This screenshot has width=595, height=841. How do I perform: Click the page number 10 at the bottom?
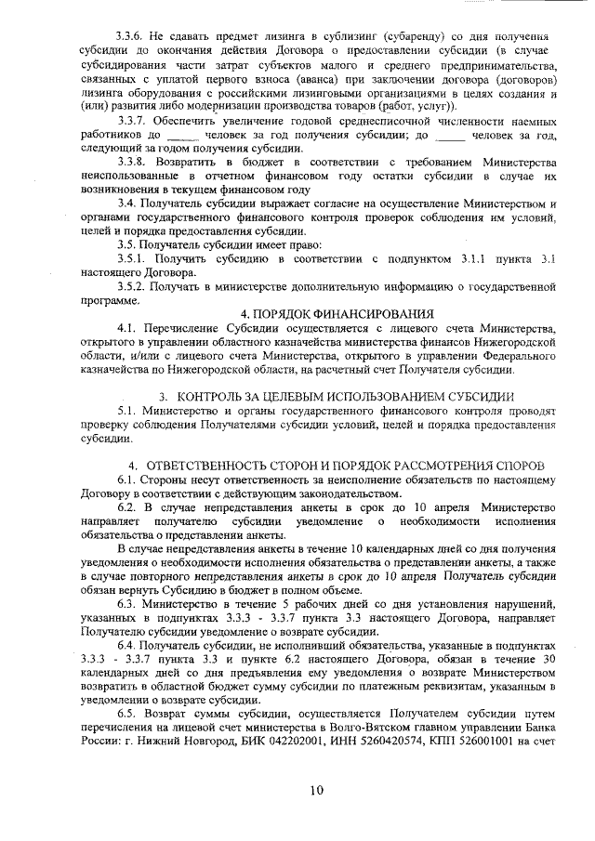point(316,790)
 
